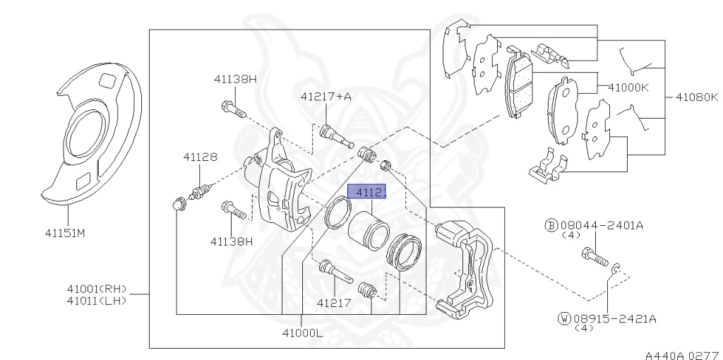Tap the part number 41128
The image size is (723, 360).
point(201,157)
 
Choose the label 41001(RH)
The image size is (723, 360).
point(95,288)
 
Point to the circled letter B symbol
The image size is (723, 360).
point(551,225)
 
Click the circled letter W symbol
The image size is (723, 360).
point(563,319)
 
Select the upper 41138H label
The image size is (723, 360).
point(235,79)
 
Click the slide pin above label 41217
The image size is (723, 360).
point(335,271)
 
